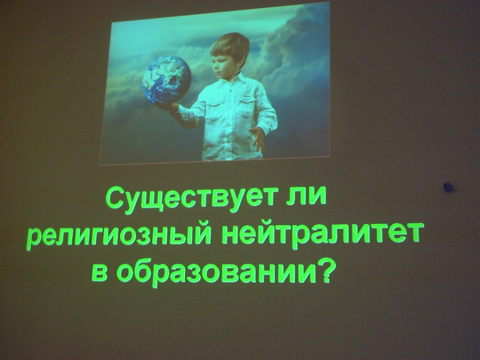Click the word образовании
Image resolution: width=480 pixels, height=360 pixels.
tap(216, 271)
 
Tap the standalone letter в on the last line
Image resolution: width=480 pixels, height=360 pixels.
tap(100, 272)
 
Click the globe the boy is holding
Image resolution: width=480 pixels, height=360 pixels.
tap(166, 80)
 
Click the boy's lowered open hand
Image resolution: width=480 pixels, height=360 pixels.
tap(258, 138)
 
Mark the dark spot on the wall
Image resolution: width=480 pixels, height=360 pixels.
tap(449, 187)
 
